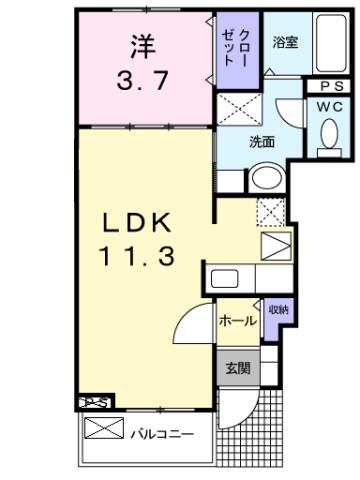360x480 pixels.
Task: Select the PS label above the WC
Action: tap(328, 86)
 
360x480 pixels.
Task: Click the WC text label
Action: tap(328, 107)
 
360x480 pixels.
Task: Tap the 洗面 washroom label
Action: tap(262, 142)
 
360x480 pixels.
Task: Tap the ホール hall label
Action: tap(235, 323)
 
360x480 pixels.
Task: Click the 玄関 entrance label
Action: tap(236, 367)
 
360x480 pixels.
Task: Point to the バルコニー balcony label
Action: tap(161, 433)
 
